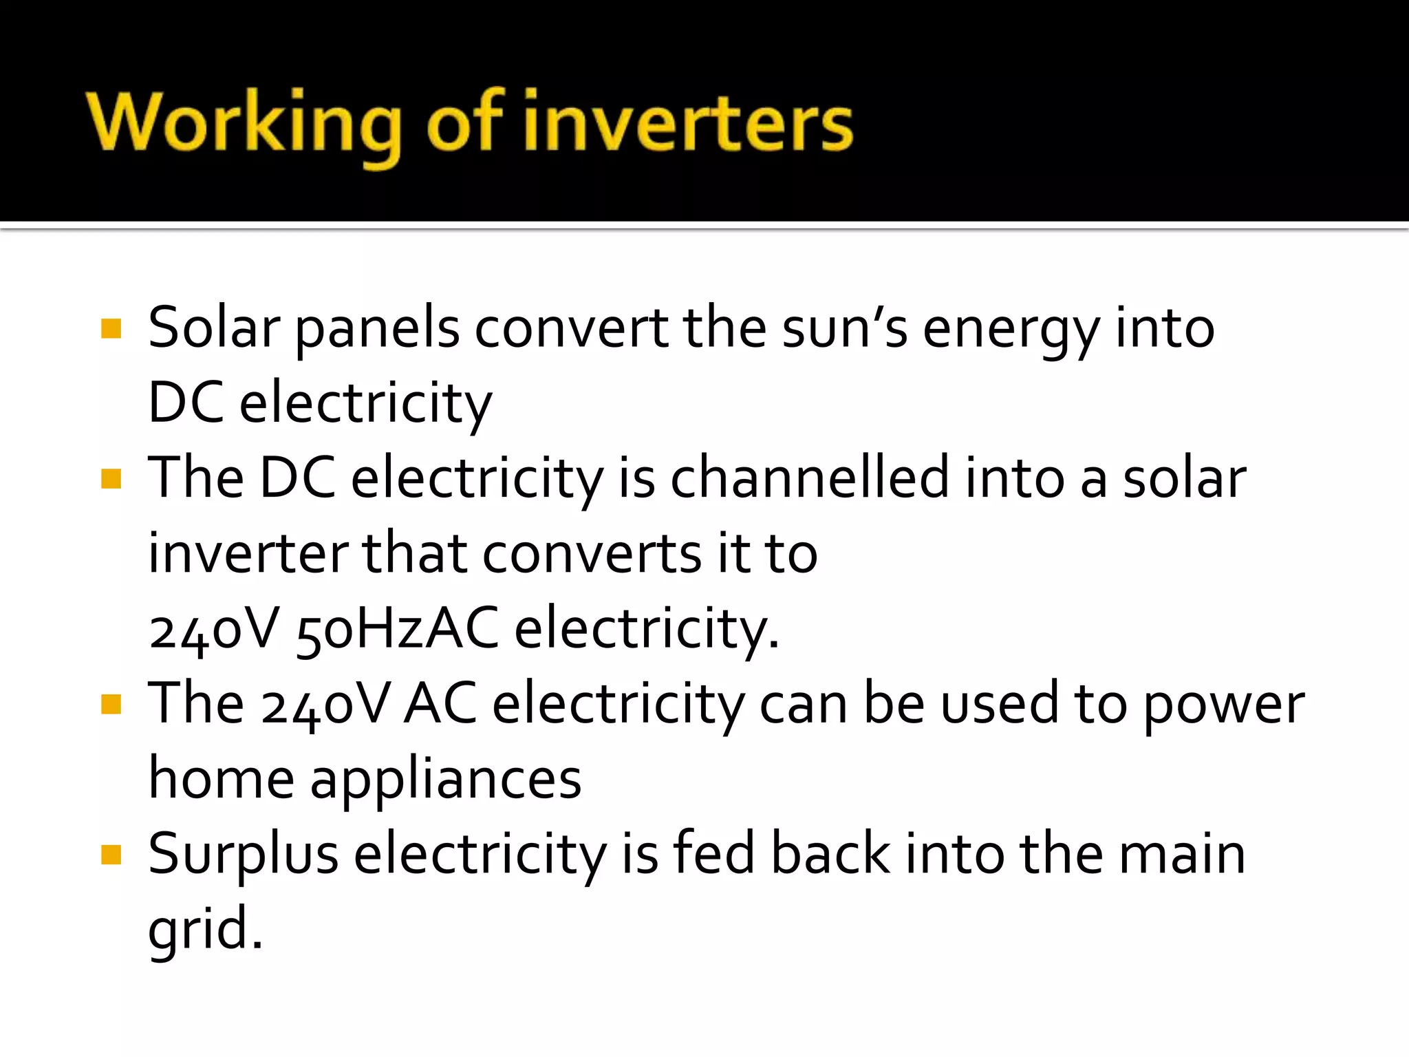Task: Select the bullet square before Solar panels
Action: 111,328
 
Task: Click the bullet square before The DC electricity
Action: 111,478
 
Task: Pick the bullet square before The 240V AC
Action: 111,704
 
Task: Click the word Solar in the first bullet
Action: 214,328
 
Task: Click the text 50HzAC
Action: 398,628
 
